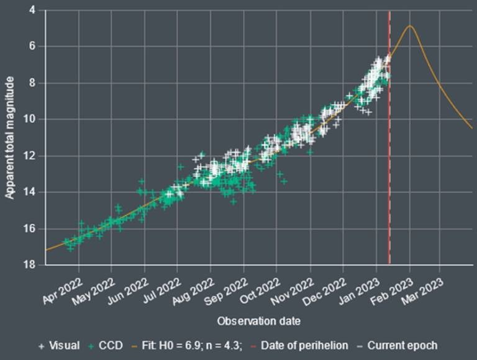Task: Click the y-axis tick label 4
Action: click(32, 10)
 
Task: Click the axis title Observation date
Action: click(259, 322)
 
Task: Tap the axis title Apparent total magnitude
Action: click(11, 137)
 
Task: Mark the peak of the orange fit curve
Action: click(409, 26)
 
